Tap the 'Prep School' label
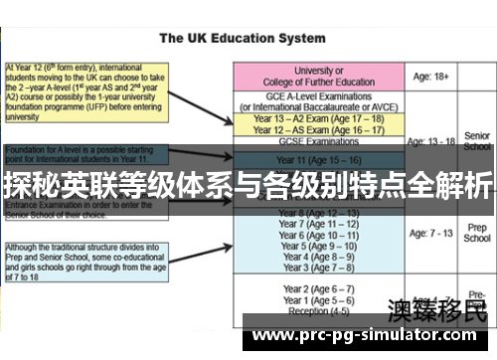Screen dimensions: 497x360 [476, 233]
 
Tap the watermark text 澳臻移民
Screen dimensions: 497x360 [437, 310]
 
